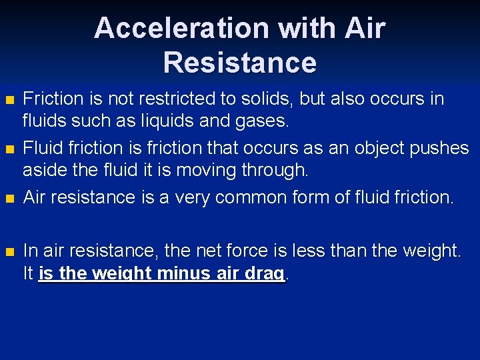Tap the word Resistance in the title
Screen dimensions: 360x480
239,63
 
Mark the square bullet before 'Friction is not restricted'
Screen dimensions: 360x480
9,101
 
